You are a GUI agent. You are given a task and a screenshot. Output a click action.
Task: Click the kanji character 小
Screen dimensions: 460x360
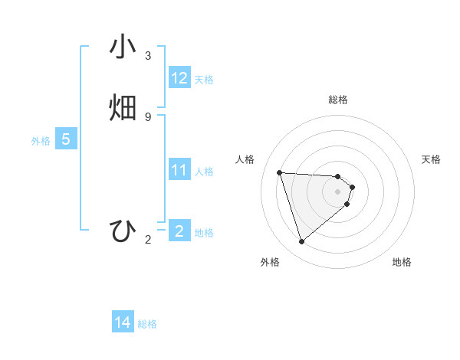click(123, 47)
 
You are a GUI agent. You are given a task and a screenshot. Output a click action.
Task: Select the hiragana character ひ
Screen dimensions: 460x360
click(123, 231)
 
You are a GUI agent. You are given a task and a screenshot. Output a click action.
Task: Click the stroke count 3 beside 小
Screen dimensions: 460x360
click(148, 56)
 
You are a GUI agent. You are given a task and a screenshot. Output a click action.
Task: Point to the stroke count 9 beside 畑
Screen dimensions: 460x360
click(148, 116)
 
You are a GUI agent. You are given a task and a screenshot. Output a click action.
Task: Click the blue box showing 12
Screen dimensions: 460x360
click(179, 78)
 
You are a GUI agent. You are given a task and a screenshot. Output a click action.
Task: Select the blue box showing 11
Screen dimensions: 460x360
click(179, 170)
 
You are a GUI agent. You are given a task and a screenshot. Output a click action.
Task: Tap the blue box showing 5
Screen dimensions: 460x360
click(66, 139)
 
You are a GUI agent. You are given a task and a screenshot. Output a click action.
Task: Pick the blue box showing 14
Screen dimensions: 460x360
click(123, 323)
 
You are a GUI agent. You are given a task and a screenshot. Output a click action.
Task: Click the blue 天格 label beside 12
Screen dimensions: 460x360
click(204, 80)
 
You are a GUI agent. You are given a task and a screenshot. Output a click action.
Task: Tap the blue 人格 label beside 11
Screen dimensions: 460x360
click(205, 172)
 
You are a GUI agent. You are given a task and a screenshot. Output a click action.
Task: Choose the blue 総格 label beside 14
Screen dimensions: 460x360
click(147, 325)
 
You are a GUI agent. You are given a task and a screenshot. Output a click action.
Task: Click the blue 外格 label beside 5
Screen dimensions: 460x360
click(41, 141)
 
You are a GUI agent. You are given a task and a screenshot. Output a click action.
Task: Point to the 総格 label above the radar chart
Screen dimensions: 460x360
click(338, 100)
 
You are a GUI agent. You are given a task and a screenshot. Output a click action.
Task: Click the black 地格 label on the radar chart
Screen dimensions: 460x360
click(402, 262)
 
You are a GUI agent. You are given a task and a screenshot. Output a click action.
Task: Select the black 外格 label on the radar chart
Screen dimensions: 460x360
click(270, 262)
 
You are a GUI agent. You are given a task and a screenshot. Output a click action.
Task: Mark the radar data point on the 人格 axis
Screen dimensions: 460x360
click(280, 172)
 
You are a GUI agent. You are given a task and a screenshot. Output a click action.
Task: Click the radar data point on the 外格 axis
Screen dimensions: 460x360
click(302, 242)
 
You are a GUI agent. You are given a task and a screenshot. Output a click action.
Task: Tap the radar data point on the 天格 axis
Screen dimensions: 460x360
click(352, 187)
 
